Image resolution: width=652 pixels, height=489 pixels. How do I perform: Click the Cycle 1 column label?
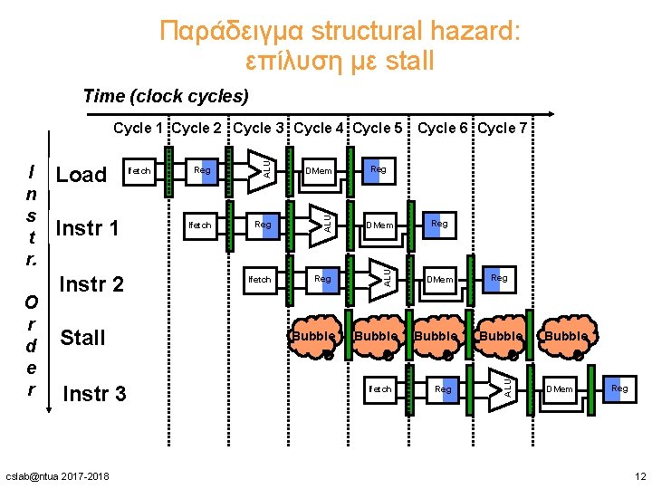point(139,128)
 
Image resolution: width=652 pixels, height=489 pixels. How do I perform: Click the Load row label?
point(81,175)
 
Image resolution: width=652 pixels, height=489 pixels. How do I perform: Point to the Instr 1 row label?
point(87,227)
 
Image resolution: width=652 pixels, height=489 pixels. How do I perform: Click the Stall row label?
point(82,338)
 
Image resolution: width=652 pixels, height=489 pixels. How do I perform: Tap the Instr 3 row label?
point(94,394)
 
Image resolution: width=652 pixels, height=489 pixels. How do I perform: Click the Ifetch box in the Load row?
point(139,170)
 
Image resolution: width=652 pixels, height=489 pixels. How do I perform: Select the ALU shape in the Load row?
point(264,166)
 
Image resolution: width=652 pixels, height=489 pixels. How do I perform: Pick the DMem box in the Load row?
point(319,170)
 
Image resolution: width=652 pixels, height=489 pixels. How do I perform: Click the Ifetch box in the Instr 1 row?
point(199,225)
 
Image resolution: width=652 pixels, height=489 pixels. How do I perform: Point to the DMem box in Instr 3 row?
point(559,388)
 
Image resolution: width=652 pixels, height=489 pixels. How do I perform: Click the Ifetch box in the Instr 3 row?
point(379,388)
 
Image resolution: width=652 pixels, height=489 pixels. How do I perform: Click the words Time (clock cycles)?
point(165,95)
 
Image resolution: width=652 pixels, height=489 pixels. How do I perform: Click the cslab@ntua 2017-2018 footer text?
point(57,476)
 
